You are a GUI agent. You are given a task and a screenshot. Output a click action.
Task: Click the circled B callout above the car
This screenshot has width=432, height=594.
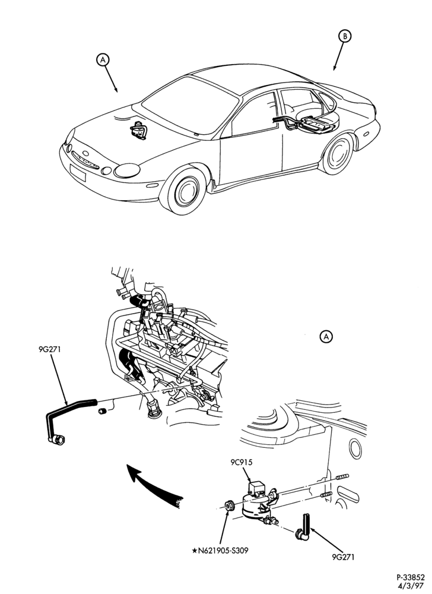(x=345, y=36)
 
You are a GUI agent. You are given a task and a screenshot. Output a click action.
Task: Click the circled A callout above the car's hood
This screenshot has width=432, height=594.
(x=103, y=59)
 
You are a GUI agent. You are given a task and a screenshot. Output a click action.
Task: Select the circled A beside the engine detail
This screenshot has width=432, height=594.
(x=326, y=336)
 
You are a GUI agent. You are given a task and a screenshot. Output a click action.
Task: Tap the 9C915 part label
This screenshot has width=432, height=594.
(x=242, y=463)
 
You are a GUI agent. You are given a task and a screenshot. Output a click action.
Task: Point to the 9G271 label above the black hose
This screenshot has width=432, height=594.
(x=50, y=349)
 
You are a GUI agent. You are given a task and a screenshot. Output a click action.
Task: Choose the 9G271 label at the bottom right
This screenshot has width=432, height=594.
(x=344, y=557)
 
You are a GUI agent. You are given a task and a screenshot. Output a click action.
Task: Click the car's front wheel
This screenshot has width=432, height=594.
(x=184, y=191)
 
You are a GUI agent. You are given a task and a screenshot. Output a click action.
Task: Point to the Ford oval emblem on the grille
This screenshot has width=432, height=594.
(x=85, y=154)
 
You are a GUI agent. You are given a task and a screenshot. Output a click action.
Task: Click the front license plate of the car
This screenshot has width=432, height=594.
(x=78, y=173)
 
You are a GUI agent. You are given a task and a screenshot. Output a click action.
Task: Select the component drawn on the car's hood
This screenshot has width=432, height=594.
(x=138, y=131)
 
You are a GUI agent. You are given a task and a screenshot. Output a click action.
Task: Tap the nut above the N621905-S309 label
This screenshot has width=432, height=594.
(x=229, y=505)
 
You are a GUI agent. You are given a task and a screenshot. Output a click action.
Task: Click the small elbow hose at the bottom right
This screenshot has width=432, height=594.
(x=304, y=527)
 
